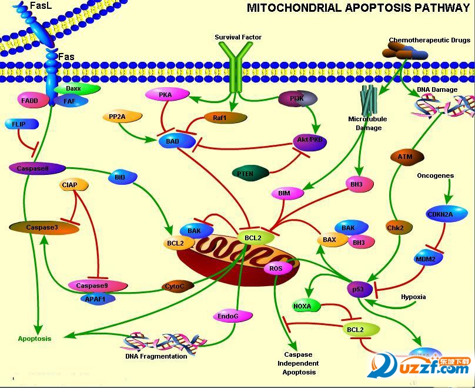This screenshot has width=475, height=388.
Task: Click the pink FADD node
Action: click(x=29, y=101)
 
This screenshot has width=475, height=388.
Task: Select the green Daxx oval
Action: click(x=73, y=89)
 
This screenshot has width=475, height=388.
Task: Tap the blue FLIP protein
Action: click(x=21, y=124)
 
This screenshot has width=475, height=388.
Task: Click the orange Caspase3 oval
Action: click(x=42, y=227)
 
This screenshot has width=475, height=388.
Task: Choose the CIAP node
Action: click(x=74, y=185)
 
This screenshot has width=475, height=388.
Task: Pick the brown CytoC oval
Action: click(x=178, y=286)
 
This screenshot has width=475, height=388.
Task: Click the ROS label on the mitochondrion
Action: click(x=276, y=268)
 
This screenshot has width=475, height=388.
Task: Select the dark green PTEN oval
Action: click(x=250, y=174)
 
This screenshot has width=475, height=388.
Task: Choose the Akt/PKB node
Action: click(x=309, y=141)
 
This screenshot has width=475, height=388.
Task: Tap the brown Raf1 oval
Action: click(x=220, y=118)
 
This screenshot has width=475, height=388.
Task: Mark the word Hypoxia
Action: click(x=413, y=297)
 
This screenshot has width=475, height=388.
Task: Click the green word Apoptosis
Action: click(x=34, y=339)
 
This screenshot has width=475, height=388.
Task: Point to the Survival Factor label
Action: click(x=238, y=37)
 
